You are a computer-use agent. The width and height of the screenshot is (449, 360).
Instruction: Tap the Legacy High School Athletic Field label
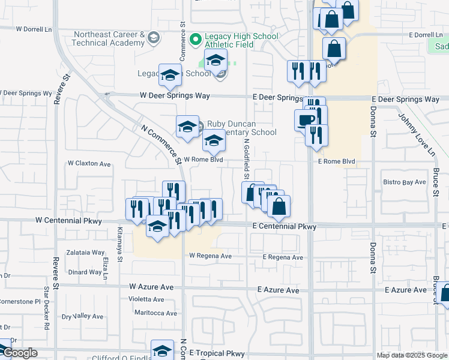(x=242, y=41)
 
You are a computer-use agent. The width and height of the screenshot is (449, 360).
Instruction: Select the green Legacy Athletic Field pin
(x=194, y=40)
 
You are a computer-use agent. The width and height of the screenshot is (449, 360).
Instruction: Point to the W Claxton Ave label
(x=89, y=163)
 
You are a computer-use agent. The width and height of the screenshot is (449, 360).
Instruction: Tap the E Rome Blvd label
(x=337, y=162)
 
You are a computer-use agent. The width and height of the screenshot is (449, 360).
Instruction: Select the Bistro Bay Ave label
(x=405, y=182)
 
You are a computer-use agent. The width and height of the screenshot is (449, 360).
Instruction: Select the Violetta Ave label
(x=146, y=299)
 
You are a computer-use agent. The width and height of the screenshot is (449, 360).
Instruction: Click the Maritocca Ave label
(x=155, y=313)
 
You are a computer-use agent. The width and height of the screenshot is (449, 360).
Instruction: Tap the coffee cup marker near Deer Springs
(x=305, y=119)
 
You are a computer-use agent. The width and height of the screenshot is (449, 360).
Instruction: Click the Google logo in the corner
(x=20, y=353)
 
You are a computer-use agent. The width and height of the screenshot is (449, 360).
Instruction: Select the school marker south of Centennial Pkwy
(x=158, y=227)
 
